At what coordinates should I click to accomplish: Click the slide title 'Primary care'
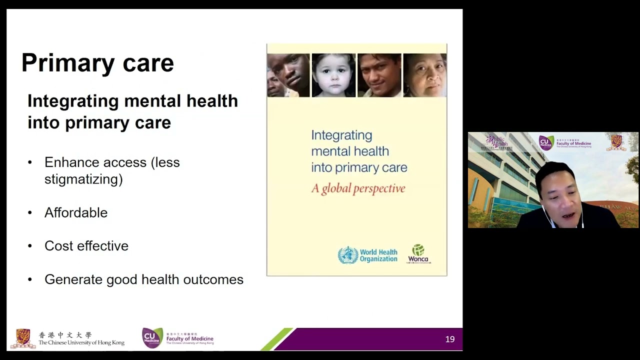97,63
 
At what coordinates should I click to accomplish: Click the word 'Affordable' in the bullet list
76,212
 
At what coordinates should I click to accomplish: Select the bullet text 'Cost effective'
86,246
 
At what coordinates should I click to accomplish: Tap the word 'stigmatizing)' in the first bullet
83,179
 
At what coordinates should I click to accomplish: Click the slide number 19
450,339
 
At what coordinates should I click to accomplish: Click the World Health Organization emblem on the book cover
347,255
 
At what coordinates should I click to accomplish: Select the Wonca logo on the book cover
418,253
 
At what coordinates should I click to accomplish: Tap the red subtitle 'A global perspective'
358,189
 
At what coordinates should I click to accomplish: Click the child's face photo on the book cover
333,75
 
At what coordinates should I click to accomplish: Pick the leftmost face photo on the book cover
288,75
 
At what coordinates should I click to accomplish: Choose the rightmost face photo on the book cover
424,75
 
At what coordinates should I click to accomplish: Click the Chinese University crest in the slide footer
23,338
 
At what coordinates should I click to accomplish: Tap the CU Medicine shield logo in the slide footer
152,338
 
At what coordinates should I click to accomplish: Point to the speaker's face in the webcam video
561,197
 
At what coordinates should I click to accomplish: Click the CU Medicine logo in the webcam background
546,143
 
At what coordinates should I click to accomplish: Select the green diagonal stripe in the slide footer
276,339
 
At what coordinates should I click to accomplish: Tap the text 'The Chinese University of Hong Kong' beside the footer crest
81,343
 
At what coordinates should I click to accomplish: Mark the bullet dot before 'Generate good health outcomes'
30,279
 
